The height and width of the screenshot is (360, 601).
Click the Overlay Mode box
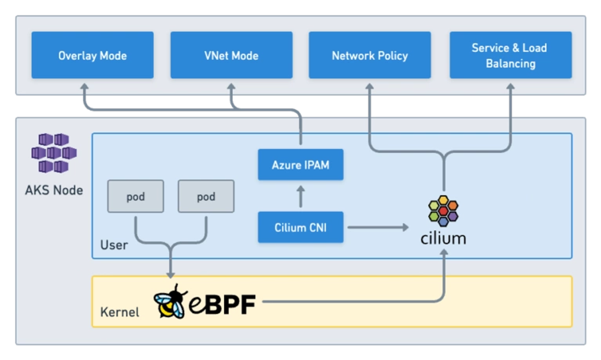tap(92, 55)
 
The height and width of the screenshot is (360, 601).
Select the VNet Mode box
tap(231, 55)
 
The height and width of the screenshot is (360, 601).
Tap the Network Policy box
tap(369, 55)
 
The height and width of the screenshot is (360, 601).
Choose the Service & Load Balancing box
tap(510, 55)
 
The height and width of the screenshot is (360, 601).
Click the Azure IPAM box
tap(300, 165)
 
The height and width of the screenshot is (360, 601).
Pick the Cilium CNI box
tap(300, 227)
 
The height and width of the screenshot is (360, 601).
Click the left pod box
tap(136, 197)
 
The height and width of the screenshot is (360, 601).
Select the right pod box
tap(206, 197)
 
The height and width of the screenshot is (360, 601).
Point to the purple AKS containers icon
tap(54, 153)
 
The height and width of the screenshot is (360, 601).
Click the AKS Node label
tap(54, 190)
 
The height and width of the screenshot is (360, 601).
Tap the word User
tap(114, 245)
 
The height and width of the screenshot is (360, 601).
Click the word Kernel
tap(119, 313)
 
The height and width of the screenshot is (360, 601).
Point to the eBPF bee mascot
tap(171, 302)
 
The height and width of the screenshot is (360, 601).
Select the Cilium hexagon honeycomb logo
tap(443, 211)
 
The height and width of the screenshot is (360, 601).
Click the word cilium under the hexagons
tap(443, 238)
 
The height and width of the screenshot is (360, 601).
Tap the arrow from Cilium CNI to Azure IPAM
tap(300, 196)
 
